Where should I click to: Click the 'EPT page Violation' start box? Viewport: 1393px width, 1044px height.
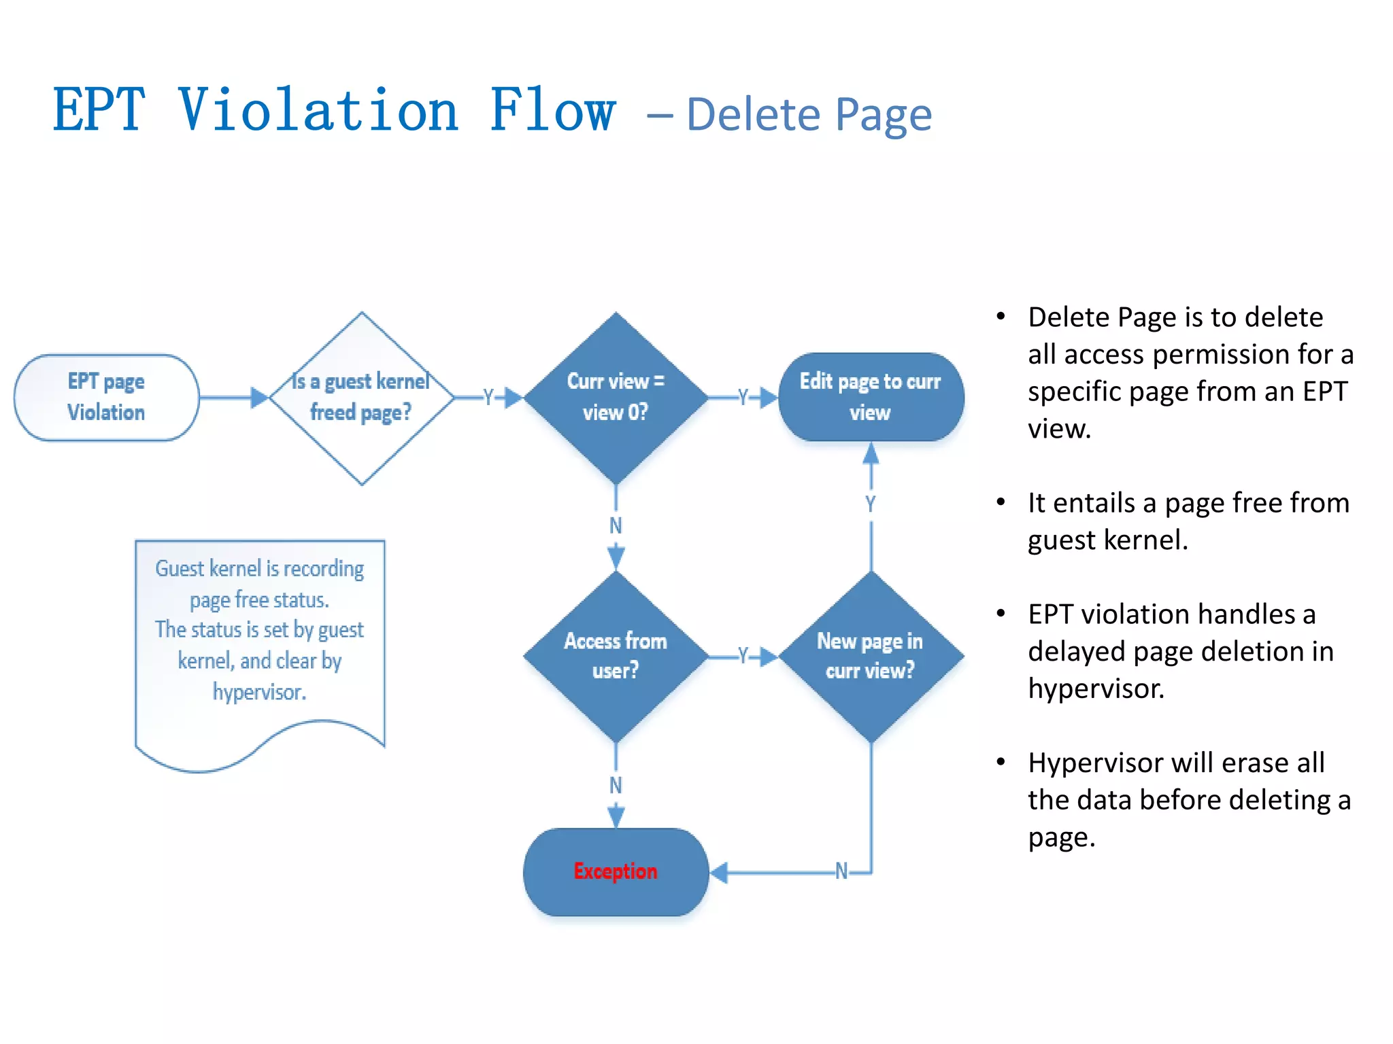tap(106, 398)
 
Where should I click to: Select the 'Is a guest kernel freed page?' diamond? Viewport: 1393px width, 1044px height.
tap(361, 398)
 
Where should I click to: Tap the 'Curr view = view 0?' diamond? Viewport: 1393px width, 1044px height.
tap(616, 398)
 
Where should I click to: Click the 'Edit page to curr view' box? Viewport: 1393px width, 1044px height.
tap(871, 398)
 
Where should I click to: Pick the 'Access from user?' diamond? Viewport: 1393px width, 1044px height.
tap(616, 657)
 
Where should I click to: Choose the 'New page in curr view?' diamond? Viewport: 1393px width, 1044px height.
tap(871, 657)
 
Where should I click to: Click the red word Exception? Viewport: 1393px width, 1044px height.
tap(616, 871)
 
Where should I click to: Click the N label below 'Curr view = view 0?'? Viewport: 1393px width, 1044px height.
tap(616, 525)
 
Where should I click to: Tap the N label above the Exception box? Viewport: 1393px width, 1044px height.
tap(616, 785)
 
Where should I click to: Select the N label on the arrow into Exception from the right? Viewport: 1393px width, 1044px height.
tap(841, 871)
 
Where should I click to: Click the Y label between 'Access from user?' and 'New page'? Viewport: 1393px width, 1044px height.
tap(743, 656)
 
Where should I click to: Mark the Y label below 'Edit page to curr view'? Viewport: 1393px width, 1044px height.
tap(871, 504)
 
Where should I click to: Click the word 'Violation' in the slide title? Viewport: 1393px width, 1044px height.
tap(318, 111)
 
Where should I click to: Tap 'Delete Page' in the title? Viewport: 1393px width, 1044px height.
tap(809, 115)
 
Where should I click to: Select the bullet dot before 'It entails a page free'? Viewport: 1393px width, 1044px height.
tap(1001, 502)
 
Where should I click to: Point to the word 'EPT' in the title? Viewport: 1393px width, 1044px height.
tap(99, 111)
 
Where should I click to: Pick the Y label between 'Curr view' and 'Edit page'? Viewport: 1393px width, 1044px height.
tap(743, 397)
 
